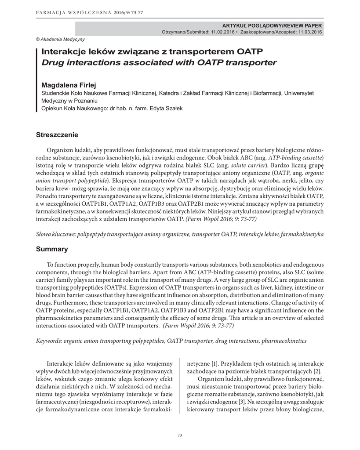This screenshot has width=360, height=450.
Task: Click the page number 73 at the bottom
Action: [x=179, y=435]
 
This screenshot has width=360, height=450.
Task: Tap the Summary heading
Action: [x=52, y=249]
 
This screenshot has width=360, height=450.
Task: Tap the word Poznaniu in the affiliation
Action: [x=87, y=100]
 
